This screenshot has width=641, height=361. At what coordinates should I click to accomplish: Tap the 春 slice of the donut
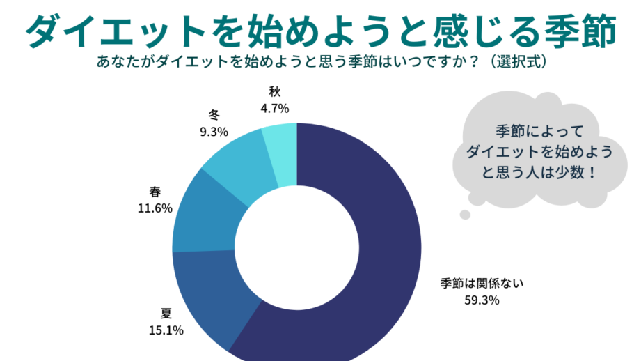click(202, 213)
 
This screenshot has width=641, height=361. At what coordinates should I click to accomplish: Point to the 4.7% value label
click(275, 108)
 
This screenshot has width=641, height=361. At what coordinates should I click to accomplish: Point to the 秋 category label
click(274, 92)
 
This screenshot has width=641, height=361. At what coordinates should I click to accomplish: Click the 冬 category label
click(214, 114)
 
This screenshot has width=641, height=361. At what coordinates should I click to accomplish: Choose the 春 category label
click(155, 191)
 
